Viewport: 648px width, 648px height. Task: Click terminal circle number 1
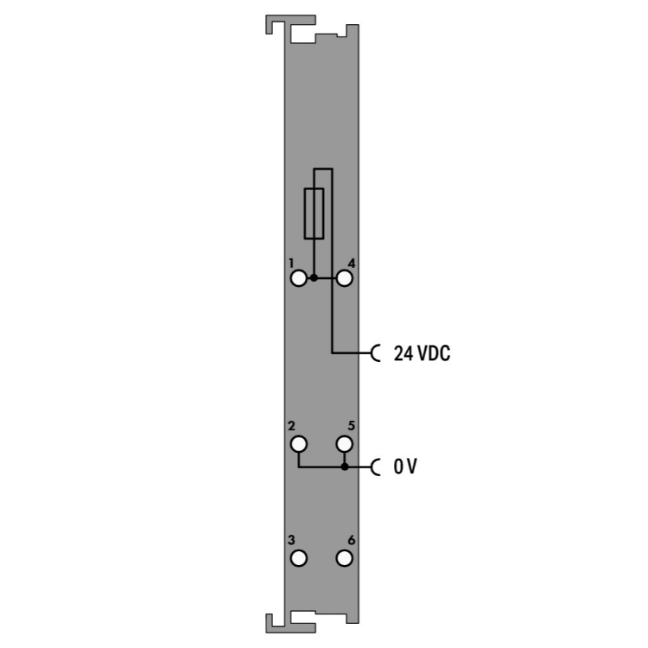298,278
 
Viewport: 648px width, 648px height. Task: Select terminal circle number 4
344,278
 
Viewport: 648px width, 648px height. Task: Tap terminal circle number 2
298,444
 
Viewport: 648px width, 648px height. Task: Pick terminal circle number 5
344,444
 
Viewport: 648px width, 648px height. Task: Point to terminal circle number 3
298,558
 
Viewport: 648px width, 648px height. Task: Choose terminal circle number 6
344,558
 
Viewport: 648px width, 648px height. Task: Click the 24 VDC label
422,353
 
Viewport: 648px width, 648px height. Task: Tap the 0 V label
405,467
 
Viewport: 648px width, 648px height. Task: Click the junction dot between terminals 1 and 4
314,278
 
